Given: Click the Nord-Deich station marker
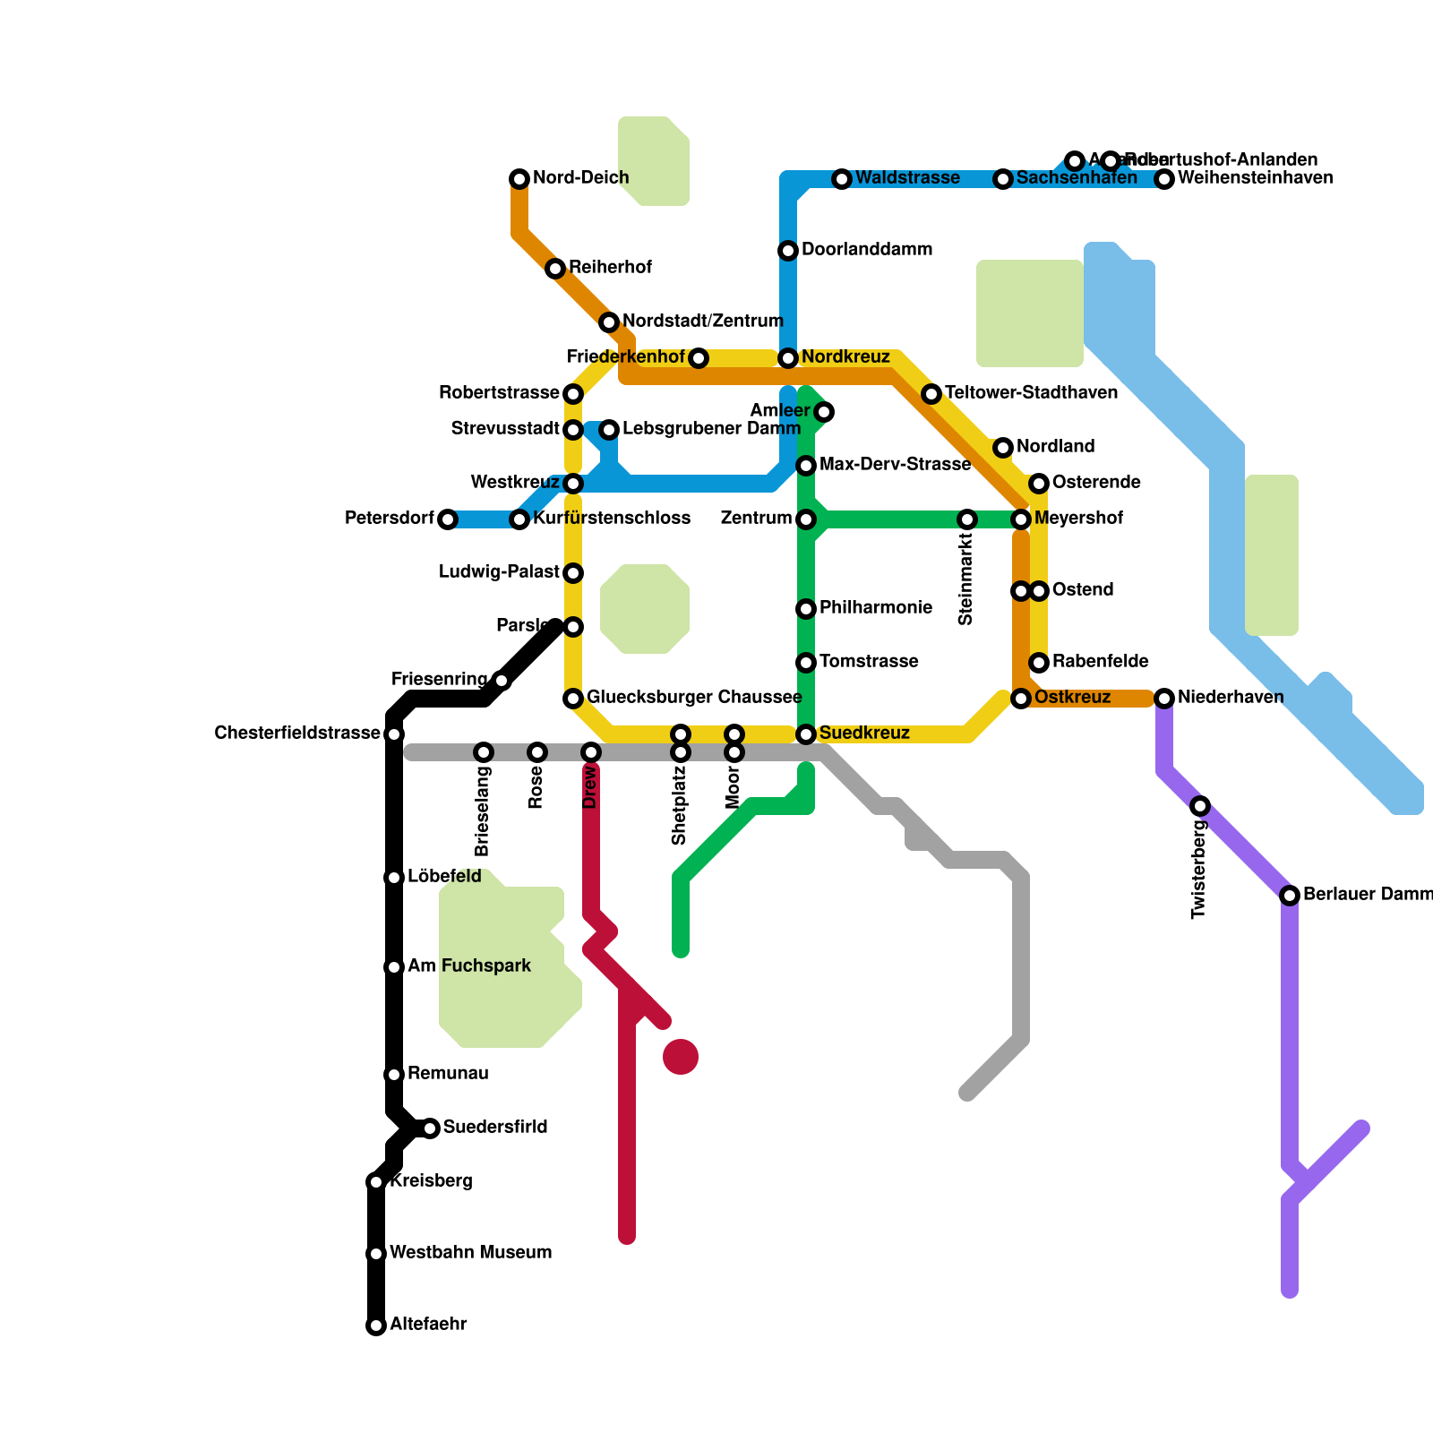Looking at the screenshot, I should (x=519, y=179).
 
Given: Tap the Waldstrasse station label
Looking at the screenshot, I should (x=907, y=178).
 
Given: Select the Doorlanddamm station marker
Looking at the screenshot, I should (x=788, y=251).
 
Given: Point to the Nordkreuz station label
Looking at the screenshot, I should (x=845, y=357).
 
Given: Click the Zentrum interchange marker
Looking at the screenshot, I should (x=806, y=519).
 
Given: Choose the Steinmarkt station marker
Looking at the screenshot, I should (x=967, y=519).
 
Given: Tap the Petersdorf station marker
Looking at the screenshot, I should (x=448, y=519).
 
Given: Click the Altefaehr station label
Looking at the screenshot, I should (x=428, y=1324).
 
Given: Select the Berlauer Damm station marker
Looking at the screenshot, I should (x=1290, y=896).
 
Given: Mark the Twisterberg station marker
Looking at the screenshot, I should (x=1200, y=806).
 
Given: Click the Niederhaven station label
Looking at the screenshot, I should (x=1231, y=698).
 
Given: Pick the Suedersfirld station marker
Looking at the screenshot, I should (x=430, y=1128).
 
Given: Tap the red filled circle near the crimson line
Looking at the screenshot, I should (x=681, y=1057).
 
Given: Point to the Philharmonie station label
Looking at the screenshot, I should (x=875, y=608).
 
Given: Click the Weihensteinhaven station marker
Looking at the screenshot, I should (x=1164, y=179).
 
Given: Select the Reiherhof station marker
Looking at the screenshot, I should (x=555, y=269).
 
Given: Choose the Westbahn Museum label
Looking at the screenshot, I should (x=470, y=1252).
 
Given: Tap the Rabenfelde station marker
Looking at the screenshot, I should (x=1039, y=663).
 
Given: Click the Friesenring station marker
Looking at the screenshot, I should (x=502, y=681).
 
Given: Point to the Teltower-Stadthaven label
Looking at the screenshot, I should (x=1031, y=393).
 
